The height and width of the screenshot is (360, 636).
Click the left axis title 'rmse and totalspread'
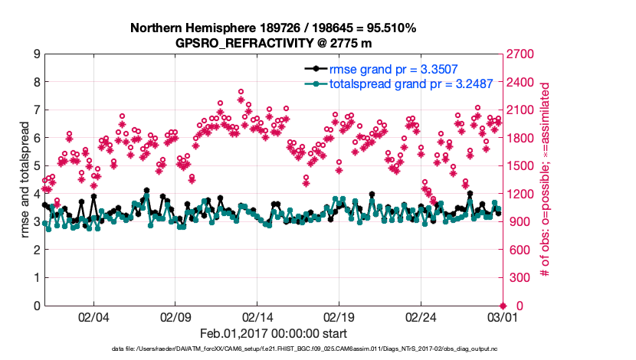(24, 180)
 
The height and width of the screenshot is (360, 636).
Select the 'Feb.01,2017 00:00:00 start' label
(273, 333)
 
